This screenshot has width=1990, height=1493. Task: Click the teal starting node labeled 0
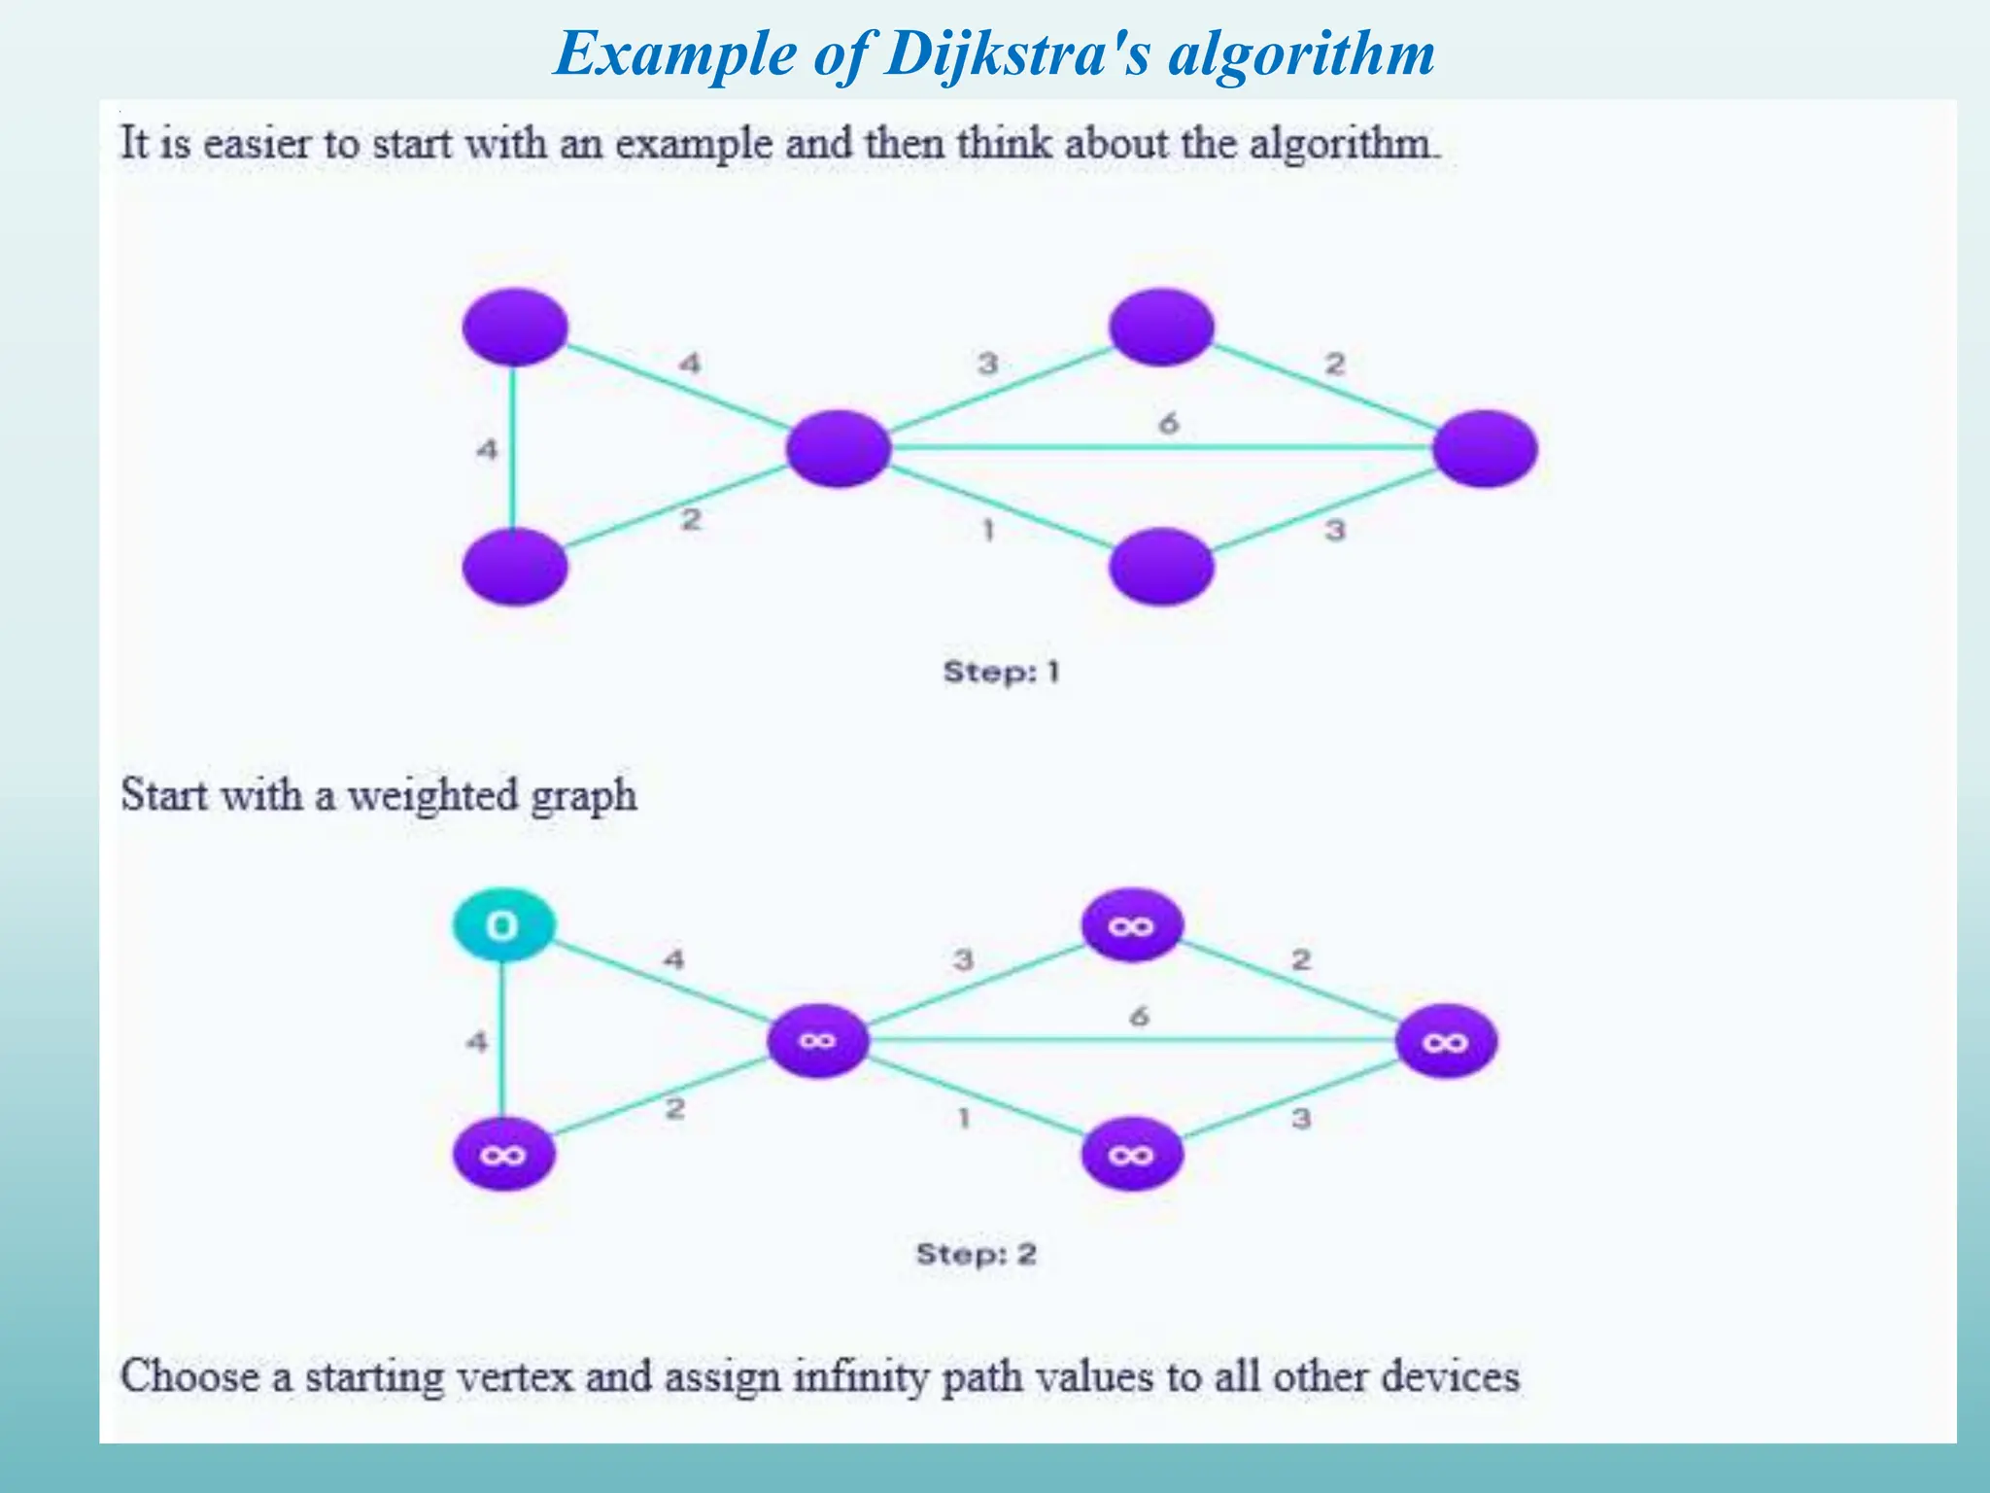point(503,924)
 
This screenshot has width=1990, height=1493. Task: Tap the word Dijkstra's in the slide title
point(1016,53)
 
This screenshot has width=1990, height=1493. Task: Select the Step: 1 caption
point(1001,672)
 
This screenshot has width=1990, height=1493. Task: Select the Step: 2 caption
point(976,1254)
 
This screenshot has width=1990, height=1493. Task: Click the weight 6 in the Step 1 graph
point(1168,423)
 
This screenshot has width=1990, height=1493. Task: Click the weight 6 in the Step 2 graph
point(1139,1017)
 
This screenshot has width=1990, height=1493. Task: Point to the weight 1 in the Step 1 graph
point(988,531)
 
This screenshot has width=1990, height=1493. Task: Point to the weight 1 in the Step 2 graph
point(964,1118)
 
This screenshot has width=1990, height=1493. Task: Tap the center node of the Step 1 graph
point(839,448)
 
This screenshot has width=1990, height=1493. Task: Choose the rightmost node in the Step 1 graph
point(1485,448)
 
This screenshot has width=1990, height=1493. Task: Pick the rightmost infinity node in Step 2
point(1445,1042)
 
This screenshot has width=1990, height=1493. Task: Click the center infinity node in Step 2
point(817,1041)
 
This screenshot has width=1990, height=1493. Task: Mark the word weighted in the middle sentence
point(432,795)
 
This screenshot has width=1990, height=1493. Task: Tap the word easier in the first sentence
point(257,144)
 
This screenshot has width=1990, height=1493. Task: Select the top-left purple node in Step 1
point(515,327)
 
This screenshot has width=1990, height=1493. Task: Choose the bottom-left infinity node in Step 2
point(503,1155)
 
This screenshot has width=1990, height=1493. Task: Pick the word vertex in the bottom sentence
point(514,1376)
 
